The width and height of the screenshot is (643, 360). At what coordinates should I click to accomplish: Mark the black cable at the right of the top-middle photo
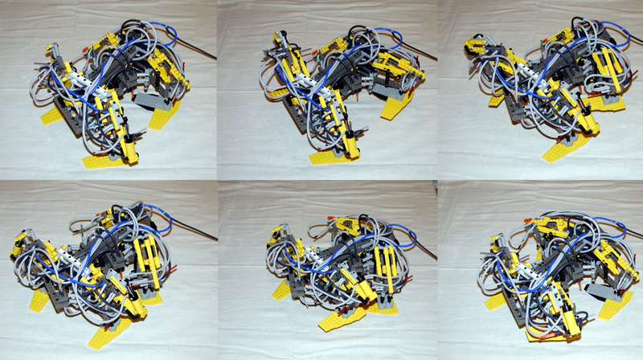pyautogui.click(x=421, y=55)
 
